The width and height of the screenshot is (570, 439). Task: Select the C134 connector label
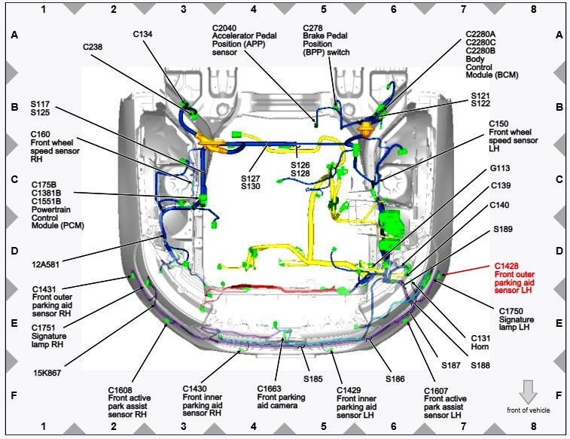tap(143, 34)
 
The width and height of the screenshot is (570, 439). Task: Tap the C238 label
tap(93, 47)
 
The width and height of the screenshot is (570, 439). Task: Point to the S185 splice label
tap(313, 378)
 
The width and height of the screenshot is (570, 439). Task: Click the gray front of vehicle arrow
tap(529, 391)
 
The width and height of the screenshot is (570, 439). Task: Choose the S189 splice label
tap(504, 229)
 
